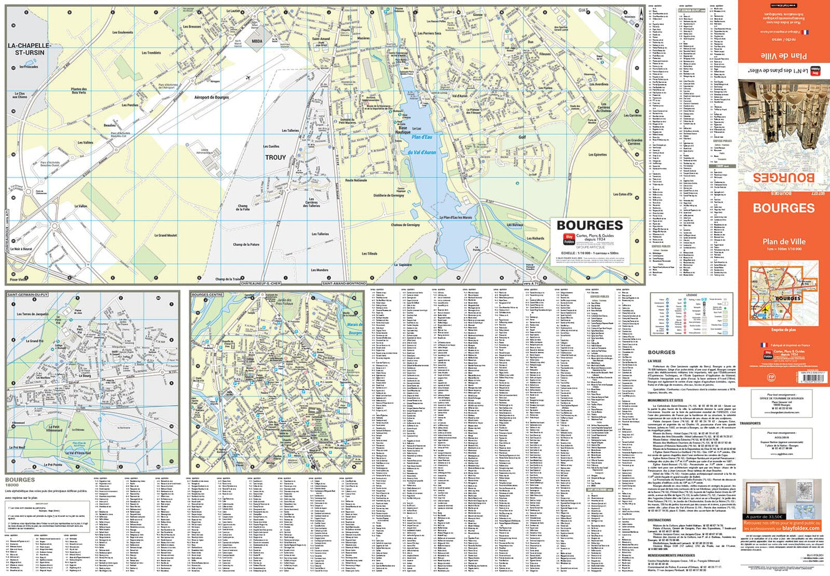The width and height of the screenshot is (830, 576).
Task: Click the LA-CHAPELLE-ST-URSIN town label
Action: (x=29, y=49)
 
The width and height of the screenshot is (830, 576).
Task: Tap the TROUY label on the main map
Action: (x=276, y=158)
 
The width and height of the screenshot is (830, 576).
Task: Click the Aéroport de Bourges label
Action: (x=211, y=97)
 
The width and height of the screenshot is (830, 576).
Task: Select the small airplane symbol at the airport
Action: (x=248, y=77)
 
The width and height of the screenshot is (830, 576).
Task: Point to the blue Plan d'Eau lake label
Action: (x=422, y=137)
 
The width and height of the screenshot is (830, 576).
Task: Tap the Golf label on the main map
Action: (x=522, y=137)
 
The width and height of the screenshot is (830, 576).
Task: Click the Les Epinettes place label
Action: (x=598, y=155)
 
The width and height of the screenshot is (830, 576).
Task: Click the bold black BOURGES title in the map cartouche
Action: (x=590, y=225)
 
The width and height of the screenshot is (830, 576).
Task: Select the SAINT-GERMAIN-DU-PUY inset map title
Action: (x=28, y=295)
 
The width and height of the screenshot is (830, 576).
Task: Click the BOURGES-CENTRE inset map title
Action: (x=207, y=295)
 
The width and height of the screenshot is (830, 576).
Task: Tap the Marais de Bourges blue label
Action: (x=355, y=329)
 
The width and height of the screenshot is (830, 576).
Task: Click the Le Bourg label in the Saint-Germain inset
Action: (x=85, y=376)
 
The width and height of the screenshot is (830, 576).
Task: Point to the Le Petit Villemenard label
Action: (x=54, y=428)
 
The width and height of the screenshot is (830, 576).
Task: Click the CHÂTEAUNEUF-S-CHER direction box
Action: (x=261, y=283)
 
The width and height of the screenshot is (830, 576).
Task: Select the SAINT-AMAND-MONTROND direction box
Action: (x=344, y=283)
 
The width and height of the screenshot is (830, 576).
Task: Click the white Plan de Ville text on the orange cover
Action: (x=784, y=241)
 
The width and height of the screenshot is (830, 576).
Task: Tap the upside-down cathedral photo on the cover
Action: (x=784, y=124)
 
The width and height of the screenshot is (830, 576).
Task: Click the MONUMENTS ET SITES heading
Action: (x=665, y=400)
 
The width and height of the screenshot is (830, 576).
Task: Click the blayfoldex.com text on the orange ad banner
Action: (x=801, y=528)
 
